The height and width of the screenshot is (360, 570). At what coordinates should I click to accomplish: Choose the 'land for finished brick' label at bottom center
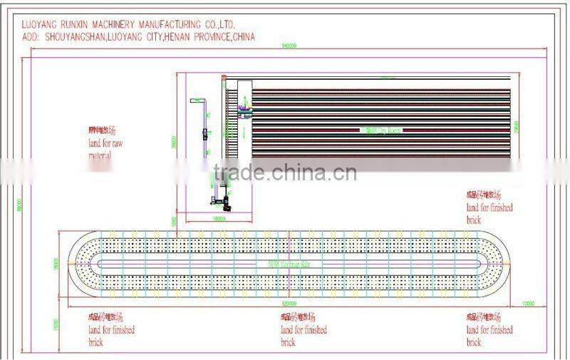pos(303,329)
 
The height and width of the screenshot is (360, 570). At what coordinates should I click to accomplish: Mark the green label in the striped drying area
pos(382,130)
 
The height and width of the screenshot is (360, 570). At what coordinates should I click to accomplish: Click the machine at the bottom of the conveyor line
pos(220,200)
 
